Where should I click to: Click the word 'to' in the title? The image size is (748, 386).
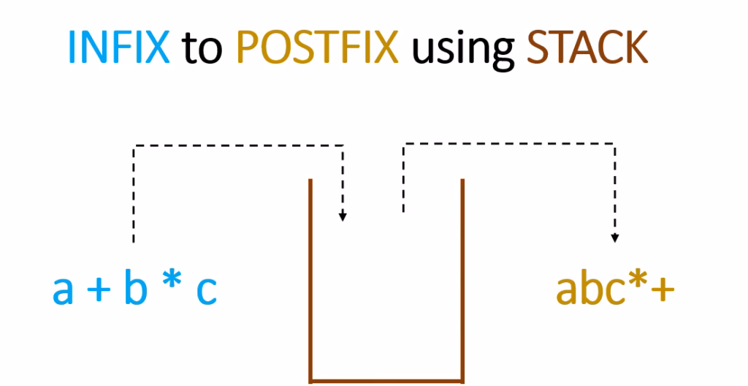point(201,48)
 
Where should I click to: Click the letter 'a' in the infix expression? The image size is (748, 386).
point(63,291)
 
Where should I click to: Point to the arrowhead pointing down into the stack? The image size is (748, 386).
point(343,216)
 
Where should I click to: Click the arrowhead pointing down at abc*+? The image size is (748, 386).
point(615,237)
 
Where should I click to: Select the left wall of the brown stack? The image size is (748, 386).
point(311,278)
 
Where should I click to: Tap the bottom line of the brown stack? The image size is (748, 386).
point(386,379)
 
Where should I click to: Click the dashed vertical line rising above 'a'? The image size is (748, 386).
point(133,197)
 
